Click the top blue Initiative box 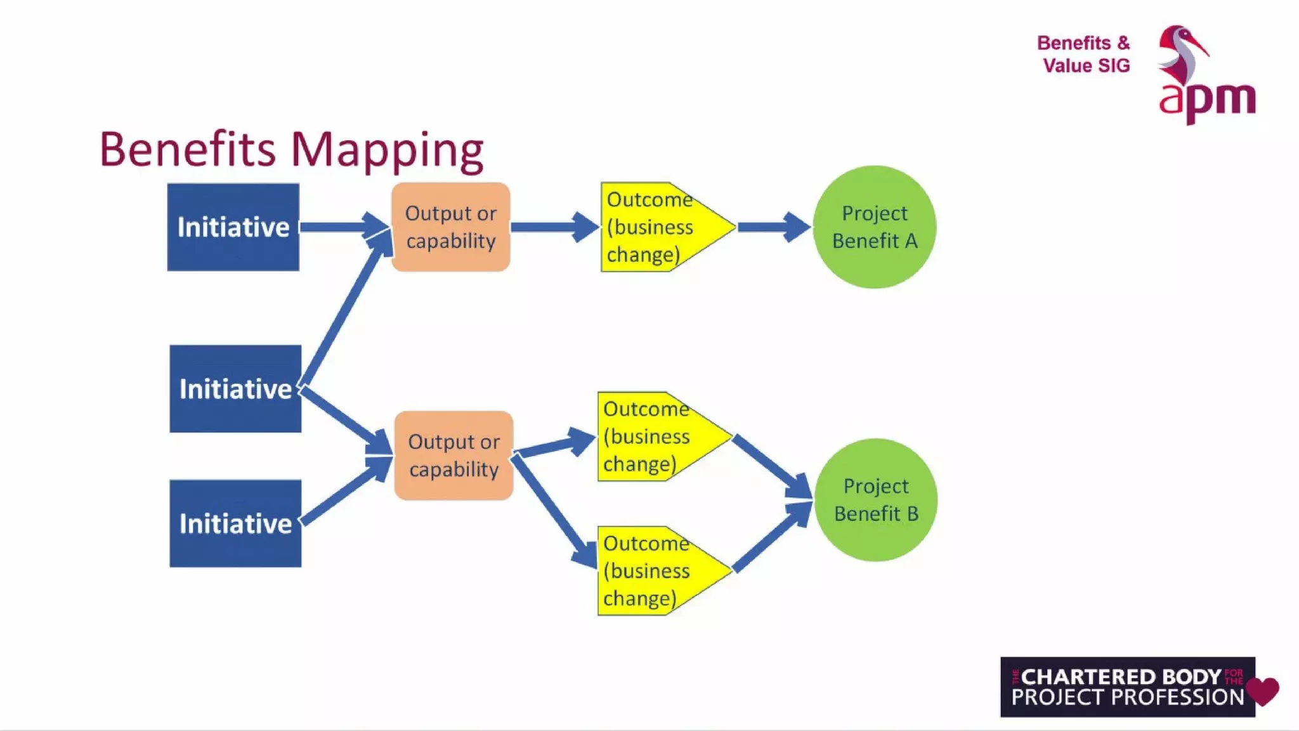click(x=233, y=227)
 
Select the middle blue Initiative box click(x=235, y=388)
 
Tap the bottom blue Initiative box click(x=235, y=523)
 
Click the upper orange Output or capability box click(x=451, y=227)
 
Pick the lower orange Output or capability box click(x=454, y=456)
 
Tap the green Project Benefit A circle click(x=875, y=227)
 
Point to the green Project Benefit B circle click(x=876, y=500)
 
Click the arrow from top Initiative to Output click(x=343, y=227)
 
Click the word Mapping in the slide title click(x=387, y=150)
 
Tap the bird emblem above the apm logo click(x=1181, y=54)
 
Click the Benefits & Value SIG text click(x=1084, y=54)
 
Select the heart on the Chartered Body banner click(x=1262, y=690)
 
